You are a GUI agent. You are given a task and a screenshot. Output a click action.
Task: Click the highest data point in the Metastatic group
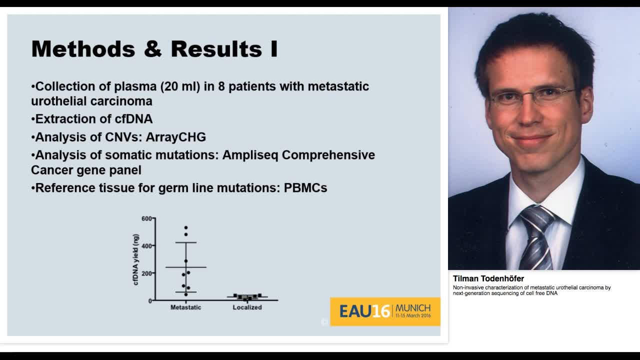pos(186,228)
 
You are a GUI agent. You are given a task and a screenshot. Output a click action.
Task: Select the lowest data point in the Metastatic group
pos(186,294)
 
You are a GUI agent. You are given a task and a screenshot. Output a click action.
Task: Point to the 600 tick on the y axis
pos(146,218)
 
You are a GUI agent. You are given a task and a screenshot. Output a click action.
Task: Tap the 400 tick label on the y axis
pos(146,246)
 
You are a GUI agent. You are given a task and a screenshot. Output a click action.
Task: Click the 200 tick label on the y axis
pos(146,273)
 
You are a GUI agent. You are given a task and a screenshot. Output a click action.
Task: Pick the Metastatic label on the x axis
pos(185,307)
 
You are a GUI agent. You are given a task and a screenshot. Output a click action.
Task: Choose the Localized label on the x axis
pos(247,307)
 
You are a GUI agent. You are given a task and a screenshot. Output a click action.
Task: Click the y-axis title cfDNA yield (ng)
pos(136,259)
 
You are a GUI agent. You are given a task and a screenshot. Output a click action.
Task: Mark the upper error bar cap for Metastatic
pos(186,242)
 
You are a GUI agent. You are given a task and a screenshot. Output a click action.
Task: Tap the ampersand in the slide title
pos(152,49)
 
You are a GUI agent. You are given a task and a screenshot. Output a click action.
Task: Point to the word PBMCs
pos(305,188)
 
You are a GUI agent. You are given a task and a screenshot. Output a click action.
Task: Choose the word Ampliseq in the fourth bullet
pos(250,155)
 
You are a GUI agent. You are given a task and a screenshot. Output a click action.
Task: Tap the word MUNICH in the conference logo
pos(412,308)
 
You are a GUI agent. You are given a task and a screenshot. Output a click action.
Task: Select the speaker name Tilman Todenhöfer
pos(488,278)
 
